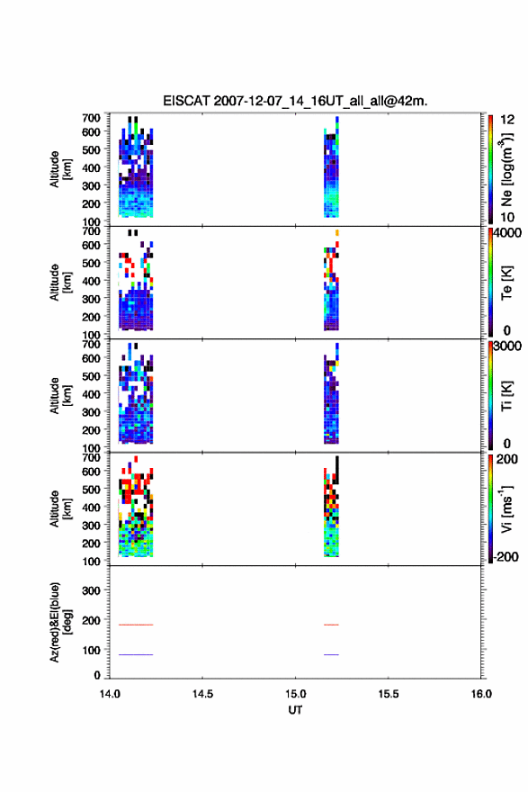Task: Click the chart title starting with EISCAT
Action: [295, 101]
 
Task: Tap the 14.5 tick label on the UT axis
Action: [202, 694]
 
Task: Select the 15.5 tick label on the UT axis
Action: [389, 694]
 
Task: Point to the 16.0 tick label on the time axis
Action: [481, 694]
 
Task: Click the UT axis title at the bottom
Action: [295, 710]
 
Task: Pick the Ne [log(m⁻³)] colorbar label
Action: [506, 170]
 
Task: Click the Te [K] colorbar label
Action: [506, 283]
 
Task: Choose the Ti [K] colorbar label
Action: [506, 395]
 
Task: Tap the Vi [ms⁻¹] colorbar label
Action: [506, 509]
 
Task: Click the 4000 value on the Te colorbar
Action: [507, 233]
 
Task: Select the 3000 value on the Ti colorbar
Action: [507, 346]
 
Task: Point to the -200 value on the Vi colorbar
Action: [506, 556]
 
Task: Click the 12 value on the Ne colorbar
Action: [507, 120]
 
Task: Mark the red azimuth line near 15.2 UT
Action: [331, 625]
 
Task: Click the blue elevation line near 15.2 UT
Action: [331, 654]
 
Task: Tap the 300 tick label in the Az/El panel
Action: [91, 590]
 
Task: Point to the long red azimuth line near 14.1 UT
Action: [136, 625]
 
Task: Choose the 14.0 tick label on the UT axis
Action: [110, 694]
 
